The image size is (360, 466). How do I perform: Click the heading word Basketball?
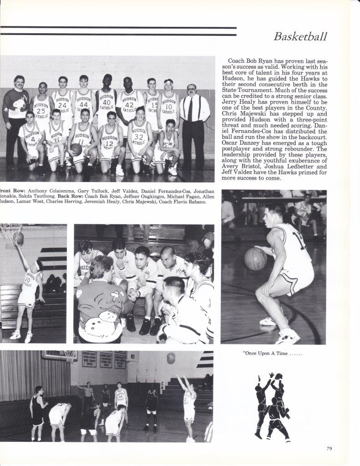[300, 36]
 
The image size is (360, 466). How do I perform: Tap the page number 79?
[329, 449]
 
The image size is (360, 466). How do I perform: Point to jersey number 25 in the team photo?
[41, 111]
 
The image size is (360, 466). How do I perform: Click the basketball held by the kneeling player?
[76, 149]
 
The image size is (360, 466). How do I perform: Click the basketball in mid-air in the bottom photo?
[171, 358]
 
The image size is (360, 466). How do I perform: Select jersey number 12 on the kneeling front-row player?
[108, 144]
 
